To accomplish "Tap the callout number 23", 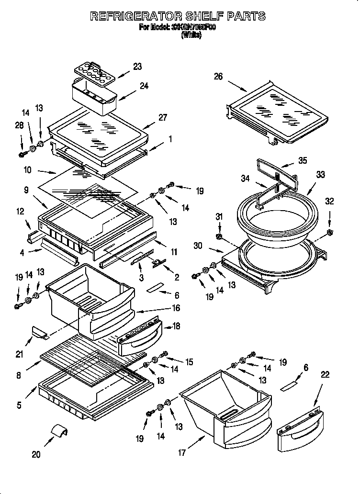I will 137,67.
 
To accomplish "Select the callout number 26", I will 218,77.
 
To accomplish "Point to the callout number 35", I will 302,161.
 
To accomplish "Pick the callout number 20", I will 36,454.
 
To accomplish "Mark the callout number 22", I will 325,375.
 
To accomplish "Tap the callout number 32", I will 329,201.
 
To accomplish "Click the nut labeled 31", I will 219,236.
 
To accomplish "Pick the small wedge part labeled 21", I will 39,332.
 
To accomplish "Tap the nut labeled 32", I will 330,233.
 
